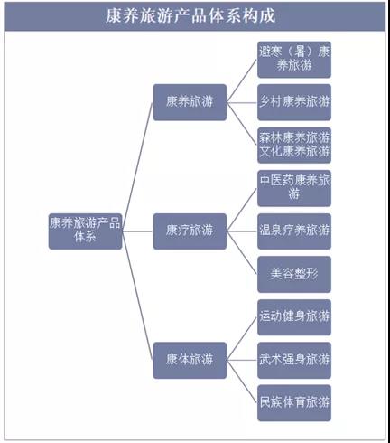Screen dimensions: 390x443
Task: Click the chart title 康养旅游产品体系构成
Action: pos(190,15)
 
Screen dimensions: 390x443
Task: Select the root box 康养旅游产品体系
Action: pos(85,231)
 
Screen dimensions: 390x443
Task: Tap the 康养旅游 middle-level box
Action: pos(190,102)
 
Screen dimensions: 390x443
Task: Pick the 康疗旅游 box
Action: pos(190,231)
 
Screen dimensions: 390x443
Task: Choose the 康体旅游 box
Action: pos(190,360)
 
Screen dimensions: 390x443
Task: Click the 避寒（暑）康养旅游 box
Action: pos(294,60)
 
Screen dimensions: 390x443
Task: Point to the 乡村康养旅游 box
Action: pos(294,102)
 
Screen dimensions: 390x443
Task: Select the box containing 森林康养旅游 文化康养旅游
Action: pos(294,146)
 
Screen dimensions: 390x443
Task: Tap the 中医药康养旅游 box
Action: pos(294,188)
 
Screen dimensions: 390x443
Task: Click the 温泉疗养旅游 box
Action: pos(294,231)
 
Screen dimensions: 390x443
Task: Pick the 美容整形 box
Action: pos(294,274)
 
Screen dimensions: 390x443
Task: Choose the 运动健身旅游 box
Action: pos(294,317)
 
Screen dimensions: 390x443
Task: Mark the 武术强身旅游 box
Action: pos(294,360)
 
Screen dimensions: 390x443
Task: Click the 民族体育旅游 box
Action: pos(294,403)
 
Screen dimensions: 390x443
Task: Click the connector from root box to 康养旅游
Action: pos(137,166)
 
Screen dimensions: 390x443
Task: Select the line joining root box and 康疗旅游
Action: pos(137,231)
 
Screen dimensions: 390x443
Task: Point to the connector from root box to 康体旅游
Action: pos(137,296)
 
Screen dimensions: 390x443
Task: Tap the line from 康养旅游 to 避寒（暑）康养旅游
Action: pos(242,80)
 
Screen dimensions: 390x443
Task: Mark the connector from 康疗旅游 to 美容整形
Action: pos(242,253)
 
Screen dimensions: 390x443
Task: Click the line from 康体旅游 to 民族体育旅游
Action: pos(242,382)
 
